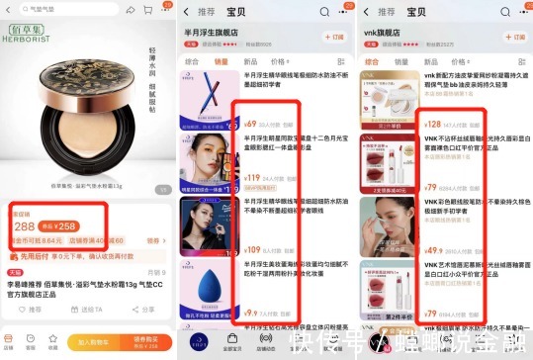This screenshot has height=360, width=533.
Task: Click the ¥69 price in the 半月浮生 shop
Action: tap(250, 125)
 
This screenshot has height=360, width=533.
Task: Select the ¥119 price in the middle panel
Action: tap(252, 178)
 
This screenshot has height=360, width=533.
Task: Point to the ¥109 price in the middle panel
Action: tap(252, 250)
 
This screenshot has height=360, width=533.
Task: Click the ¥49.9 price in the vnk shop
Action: tap(433, 251)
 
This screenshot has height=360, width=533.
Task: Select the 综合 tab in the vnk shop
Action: tap(374, 61)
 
